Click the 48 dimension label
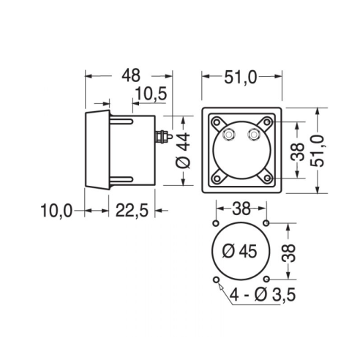pyautogui.click(x=131, y=75)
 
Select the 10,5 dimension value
pyautogui.click(x=151, y=94)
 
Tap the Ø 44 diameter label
pyautogui.click(x=183, y=151)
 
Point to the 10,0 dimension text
pyautogui.click(x=56, y=211)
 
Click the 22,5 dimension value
pyautogui.click(x=132, y=211)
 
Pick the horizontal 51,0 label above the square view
pyautogui.click(x=241, y=78)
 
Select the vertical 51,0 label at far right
pyautogui.click(x=318, y=151)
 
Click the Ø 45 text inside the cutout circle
pyautogui.click(x=240, y=251)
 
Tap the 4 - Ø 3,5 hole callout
pyautogui.click(x=263, y=295)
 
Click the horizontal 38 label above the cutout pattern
pyautogui.click(x=241, y=209)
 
